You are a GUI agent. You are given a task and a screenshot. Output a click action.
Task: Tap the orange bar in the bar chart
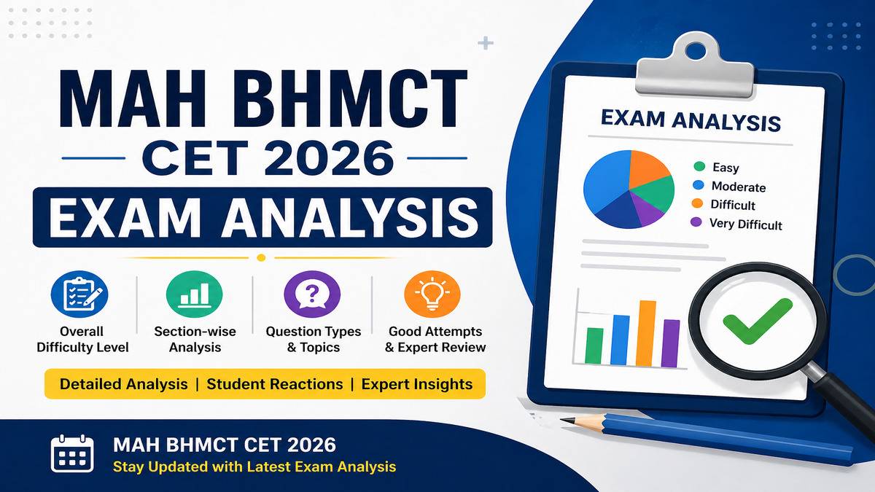click(646, 334)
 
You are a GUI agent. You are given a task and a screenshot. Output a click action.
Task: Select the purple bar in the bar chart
click(671, 343)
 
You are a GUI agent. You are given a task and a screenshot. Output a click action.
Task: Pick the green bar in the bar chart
click(594, 345)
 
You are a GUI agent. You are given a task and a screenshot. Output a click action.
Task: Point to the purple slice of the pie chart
click(645, 209)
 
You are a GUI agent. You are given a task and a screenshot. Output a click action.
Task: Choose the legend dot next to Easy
click(699, 167)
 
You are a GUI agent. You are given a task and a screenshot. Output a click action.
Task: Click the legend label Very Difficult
click(746, 224)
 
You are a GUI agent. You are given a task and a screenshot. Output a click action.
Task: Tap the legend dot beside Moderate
click(698, 185)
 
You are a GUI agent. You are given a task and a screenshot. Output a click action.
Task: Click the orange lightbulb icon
click(432, 294)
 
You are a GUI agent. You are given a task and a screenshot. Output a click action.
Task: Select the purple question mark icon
click(312, 294)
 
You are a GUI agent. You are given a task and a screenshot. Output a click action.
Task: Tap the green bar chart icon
click(194, 294)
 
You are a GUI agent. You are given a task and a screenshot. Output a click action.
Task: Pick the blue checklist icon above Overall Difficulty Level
click(79, 294)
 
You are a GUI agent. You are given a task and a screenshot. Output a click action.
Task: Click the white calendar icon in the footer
click(72, 453)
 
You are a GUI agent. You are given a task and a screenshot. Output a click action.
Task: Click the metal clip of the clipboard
click(694, 64)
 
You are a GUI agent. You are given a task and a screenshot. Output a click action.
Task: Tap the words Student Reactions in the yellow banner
click(275, 384)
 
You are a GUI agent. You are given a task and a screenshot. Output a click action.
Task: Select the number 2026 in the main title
click(330, 158)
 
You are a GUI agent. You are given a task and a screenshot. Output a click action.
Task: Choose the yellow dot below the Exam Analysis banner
click(261, 258)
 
